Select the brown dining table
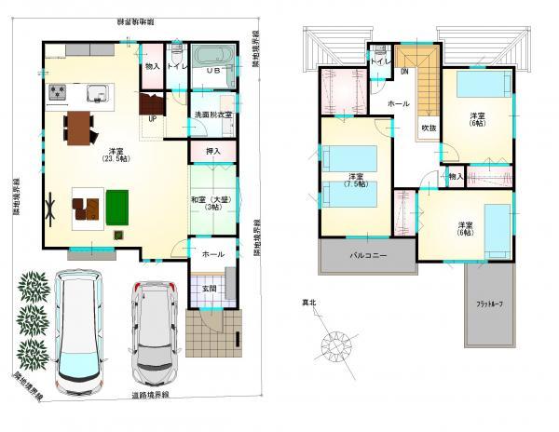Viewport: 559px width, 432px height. pyautogui.click(x=81, y=127)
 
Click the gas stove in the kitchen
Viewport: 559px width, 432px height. pyautogui.click(x=56, y=92)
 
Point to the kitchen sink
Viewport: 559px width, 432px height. pyautogui.click(x=97, y=92)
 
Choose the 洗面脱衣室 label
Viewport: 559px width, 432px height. pyautogui.click(x=212, y=115)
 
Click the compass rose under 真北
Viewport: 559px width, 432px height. pyautogui.click(x=338, y=347)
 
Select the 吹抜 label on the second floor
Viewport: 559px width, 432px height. pyautogui.click(x=428, y=128)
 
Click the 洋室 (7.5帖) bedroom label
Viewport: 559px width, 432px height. pyautogui.click(x=356, y=181)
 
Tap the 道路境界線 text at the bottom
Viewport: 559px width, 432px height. pyautogui.click(x=148, y=397)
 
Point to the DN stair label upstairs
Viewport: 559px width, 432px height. pyautogui.click(x=405, y=72)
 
